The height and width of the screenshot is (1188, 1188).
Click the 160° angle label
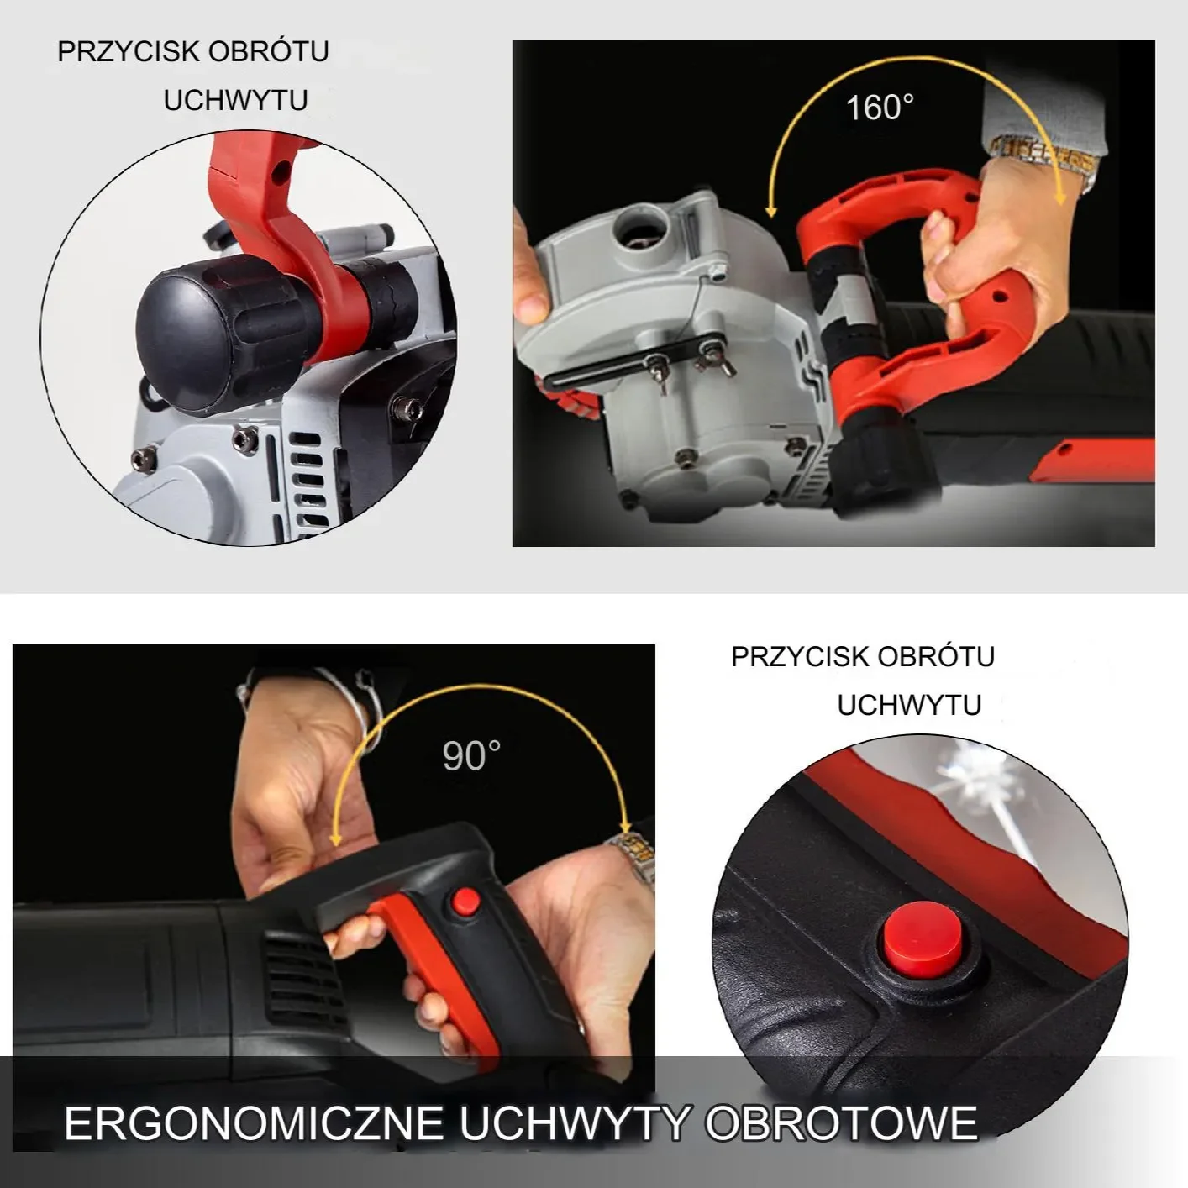click(x=879, y=108)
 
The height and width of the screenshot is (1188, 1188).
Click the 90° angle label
click(x=471, y=756)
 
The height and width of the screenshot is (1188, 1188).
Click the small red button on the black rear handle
click(x=463, y=902)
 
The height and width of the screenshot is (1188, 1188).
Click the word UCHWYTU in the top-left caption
click(x=235, y=101)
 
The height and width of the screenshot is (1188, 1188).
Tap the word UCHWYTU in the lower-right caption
click(x=909, y=705)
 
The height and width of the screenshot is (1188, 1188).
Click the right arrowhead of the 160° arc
click(x=1060, y=198)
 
